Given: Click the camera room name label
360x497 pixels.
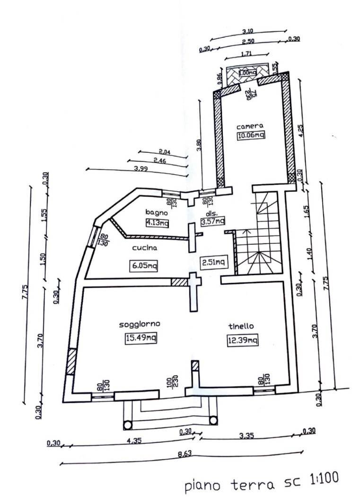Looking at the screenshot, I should pos(250,126).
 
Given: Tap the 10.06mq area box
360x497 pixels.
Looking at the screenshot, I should pos(251,135).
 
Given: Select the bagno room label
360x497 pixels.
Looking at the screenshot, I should pos(155,212).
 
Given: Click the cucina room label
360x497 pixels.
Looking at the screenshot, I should pos(144,248).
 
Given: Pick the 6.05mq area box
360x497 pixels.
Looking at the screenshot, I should pos(143,266).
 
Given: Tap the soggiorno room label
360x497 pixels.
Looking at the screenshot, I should pos(140,324).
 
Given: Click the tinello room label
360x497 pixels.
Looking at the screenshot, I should pos(241,326).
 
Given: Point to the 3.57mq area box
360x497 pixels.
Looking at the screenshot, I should pos(212,221).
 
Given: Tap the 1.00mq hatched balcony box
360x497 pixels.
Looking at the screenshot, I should pos(247,73).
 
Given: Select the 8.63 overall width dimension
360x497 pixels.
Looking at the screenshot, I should pos(184,455).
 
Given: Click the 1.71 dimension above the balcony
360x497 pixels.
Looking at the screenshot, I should pos(246,54).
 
